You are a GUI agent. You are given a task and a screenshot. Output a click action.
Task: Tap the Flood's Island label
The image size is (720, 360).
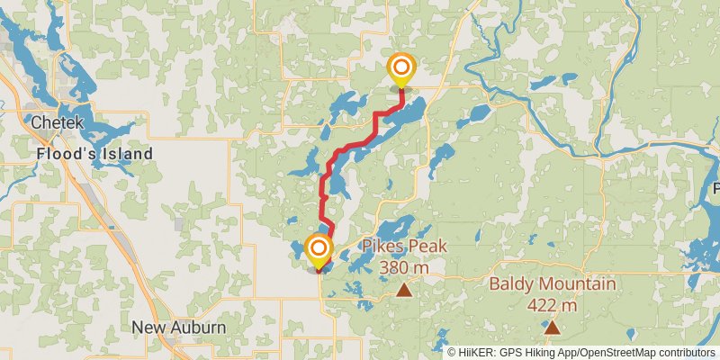coord(94,154)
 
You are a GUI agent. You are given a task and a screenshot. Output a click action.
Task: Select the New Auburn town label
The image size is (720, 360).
coord(179,327)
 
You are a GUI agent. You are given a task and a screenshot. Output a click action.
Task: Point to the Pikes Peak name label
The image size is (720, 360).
coord(404,247)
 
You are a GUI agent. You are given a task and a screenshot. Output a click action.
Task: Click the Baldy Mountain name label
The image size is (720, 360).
coord(553,284)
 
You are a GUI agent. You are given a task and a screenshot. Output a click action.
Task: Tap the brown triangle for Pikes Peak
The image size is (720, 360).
coord(405,289)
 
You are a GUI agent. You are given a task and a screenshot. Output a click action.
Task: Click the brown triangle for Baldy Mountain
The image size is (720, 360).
coord(551,328)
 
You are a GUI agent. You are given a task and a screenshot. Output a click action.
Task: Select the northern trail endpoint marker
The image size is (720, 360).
coord(400,68)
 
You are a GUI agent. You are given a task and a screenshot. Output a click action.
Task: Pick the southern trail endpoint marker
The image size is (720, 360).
coord(319,248)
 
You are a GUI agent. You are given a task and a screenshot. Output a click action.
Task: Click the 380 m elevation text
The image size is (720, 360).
coord(403,267)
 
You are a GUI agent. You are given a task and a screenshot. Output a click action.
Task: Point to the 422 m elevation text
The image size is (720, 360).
coord(551,305)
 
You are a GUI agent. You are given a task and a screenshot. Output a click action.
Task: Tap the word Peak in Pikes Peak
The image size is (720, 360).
coord(427,247)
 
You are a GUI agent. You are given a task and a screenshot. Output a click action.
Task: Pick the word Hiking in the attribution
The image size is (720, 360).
coord(543,352)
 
